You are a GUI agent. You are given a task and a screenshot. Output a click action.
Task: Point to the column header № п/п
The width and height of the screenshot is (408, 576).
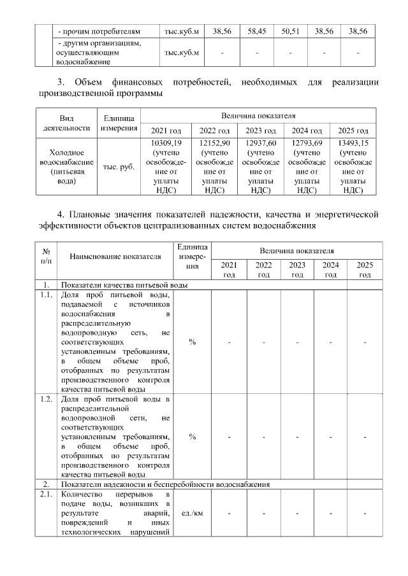click(x=46, y=256)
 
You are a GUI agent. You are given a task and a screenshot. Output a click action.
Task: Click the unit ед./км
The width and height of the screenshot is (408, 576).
click(x=192, y=513)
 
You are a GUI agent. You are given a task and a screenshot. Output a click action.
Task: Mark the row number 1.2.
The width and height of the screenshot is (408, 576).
click(x=46, y=399)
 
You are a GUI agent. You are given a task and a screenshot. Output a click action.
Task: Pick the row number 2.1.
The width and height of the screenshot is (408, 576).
click(x=46, y=495)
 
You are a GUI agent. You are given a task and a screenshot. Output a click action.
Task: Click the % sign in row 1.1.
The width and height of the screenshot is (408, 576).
click(x=192, y=342)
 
